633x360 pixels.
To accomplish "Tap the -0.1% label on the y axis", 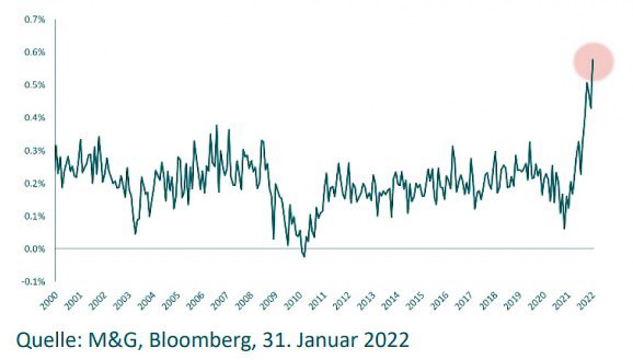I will (35, 282).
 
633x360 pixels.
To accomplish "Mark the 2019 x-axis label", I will (508, 300).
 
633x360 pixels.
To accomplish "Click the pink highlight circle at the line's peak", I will (593, 61).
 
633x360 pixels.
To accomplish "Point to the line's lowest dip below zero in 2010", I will (304, 256).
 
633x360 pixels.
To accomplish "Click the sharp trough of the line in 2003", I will (135, 233).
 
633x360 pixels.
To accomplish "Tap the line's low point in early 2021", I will (564, 228).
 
